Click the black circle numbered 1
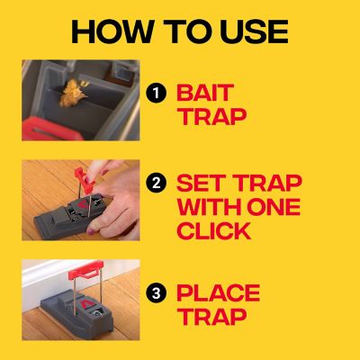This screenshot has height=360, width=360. tap(157, 93)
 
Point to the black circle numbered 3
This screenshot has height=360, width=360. tap(157, 292)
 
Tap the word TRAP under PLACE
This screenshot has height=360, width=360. tap(211, 319)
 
